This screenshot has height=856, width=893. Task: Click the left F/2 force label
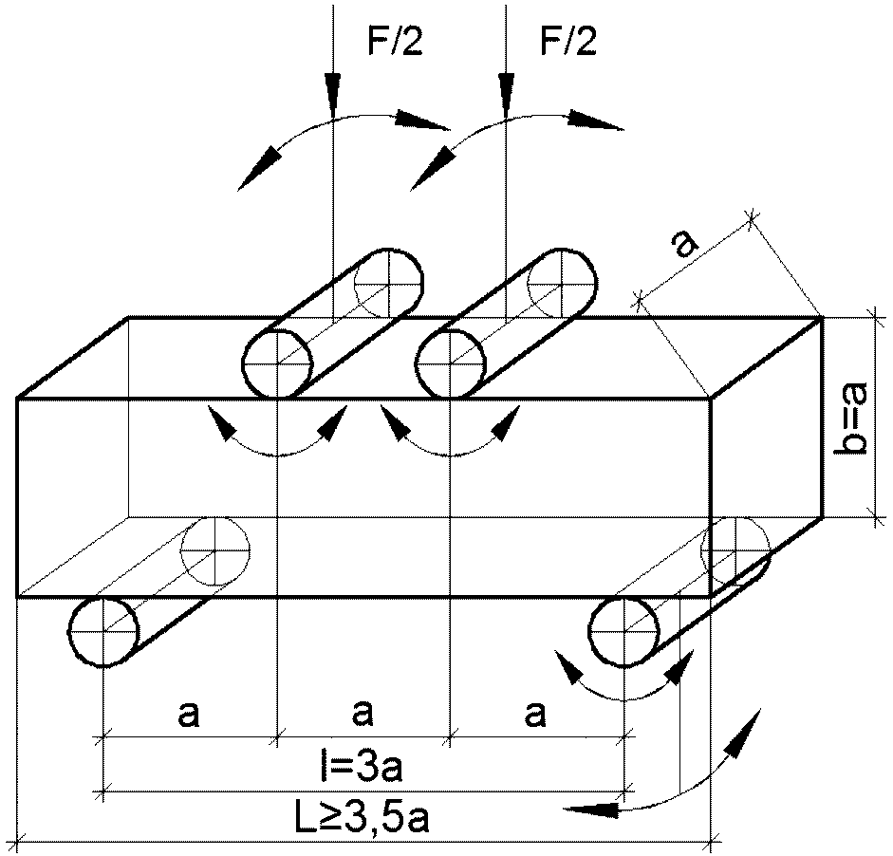coord(395,42)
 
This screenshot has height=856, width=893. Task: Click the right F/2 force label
coord(568,42)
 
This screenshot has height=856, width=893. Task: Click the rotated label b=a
coord(850,418)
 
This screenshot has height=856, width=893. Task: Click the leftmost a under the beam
coord(189,715)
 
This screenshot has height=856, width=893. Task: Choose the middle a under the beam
coord(363,715)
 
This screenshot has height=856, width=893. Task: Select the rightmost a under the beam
coord(535,715)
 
